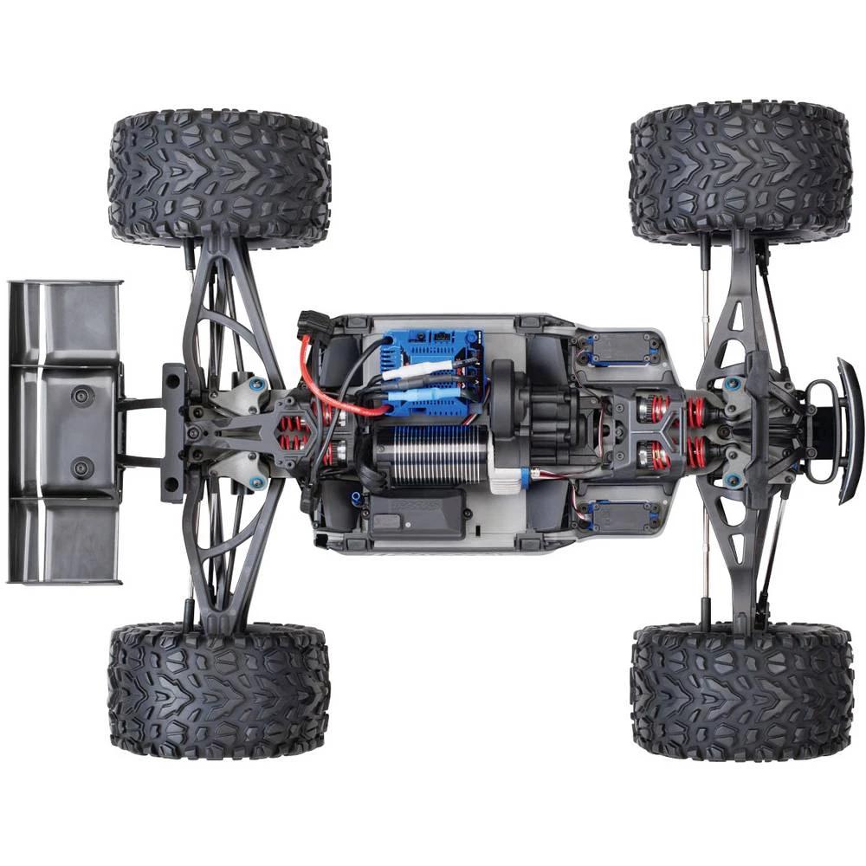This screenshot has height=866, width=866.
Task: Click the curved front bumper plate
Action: coord(849,430)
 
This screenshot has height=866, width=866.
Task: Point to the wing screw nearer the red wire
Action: coord(82,396)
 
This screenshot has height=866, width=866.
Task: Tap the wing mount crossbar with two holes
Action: coord(172,431)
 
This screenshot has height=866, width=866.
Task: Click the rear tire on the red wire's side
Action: coord(218,178)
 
